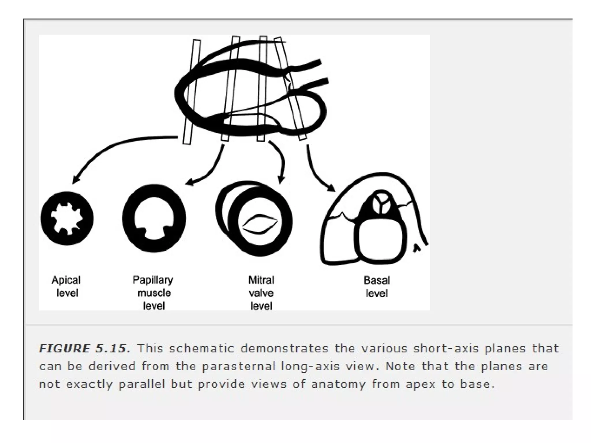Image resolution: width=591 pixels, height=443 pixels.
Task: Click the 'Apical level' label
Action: [66, 286]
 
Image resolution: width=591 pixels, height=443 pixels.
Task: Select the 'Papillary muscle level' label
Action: [153, 292]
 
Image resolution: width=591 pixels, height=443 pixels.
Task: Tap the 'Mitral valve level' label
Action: [261, 292]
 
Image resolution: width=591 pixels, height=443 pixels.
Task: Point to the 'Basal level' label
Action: [377, 286]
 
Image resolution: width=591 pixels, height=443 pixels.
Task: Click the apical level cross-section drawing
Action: [67, 218]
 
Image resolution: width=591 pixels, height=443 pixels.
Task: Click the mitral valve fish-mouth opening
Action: [260, 224]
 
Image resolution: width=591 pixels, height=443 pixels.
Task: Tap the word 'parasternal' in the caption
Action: [239, 366]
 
